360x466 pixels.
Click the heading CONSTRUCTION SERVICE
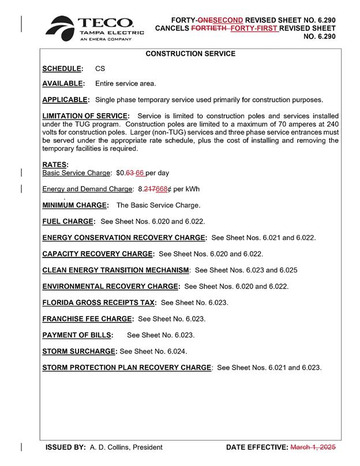click(x=190, y=54)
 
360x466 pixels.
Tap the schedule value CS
click(x=100, y=69)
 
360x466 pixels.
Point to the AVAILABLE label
click(x=63, y=84)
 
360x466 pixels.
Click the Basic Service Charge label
click(x=76, y=173)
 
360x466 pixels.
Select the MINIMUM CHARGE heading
click(x=75, y=205)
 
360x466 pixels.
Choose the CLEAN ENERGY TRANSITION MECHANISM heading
click(x=116, y=270)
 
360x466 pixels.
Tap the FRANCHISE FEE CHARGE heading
click(x=88, y=318)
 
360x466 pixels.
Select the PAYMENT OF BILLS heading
click(x=77, y=335)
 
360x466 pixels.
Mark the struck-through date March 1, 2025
click(x=313, y=447)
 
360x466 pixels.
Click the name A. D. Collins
click(x=109, y=447)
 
